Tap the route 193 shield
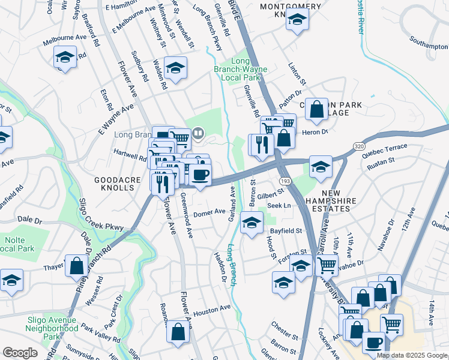click(285, 180)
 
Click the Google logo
click(20, 353)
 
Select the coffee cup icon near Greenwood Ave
click(200, 175)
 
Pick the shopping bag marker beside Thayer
click(77, 266)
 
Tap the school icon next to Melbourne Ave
click(65, 58)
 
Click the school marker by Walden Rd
click(175, 68)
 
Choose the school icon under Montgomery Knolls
click(296, 21)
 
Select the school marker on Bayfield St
click(252, 223)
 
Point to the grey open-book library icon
click(197, 133)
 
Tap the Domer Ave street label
click(209, 212)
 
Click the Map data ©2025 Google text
click(412, 355)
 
